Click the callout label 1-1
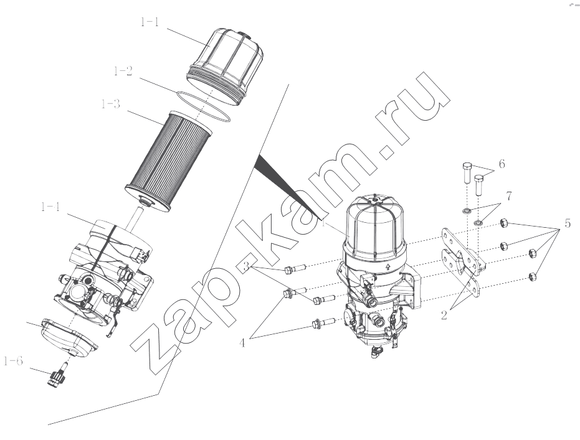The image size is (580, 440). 150,22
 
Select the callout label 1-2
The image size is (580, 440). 123,71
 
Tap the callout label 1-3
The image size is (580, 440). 111,104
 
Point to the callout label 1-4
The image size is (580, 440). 50,207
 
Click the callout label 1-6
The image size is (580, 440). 13,361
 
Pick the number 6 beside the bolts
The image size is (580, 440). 502,164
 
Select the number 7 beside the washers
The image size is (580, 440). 509,196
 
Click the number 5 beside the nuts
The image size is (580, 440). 568,223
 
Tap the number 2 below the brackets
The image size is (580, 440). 444,315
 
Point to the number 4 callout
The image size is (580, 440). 242,343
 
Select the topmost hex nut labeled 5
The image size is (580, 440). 503,223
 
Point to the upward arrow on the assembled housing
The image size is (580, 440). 387,267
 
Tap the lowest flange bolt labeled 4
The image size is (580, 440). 324,323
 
